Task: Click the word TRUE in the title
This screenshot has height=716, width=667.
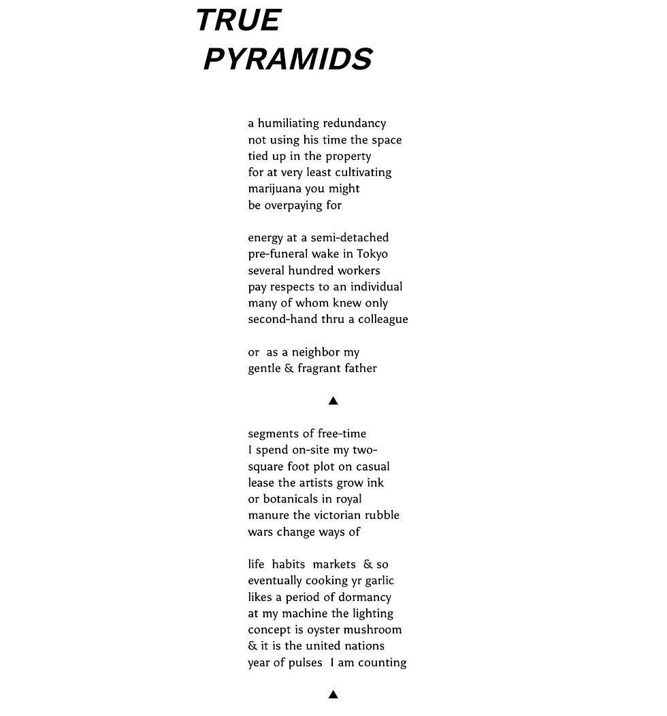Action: (238, 20)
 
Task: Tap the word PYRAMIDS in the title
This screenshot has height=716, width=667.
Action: (287, 59)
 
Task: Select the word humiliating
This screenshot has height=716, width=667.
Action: (289, 123)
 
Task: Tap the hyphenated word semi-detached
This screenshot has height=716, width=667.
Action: (350, 237)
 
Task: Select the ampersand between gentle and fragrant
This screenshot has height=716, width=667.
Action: (289, 369)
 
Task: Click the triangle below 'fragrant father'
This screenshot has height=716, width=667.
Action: (333, 400)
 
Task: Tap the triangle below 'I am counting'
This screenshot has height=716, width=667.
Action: (333, 694)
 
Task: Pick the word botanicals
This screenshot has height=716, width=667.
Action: (295, 499)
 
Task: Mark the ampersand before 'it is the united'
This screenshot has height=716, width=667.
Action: (253, 646)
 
